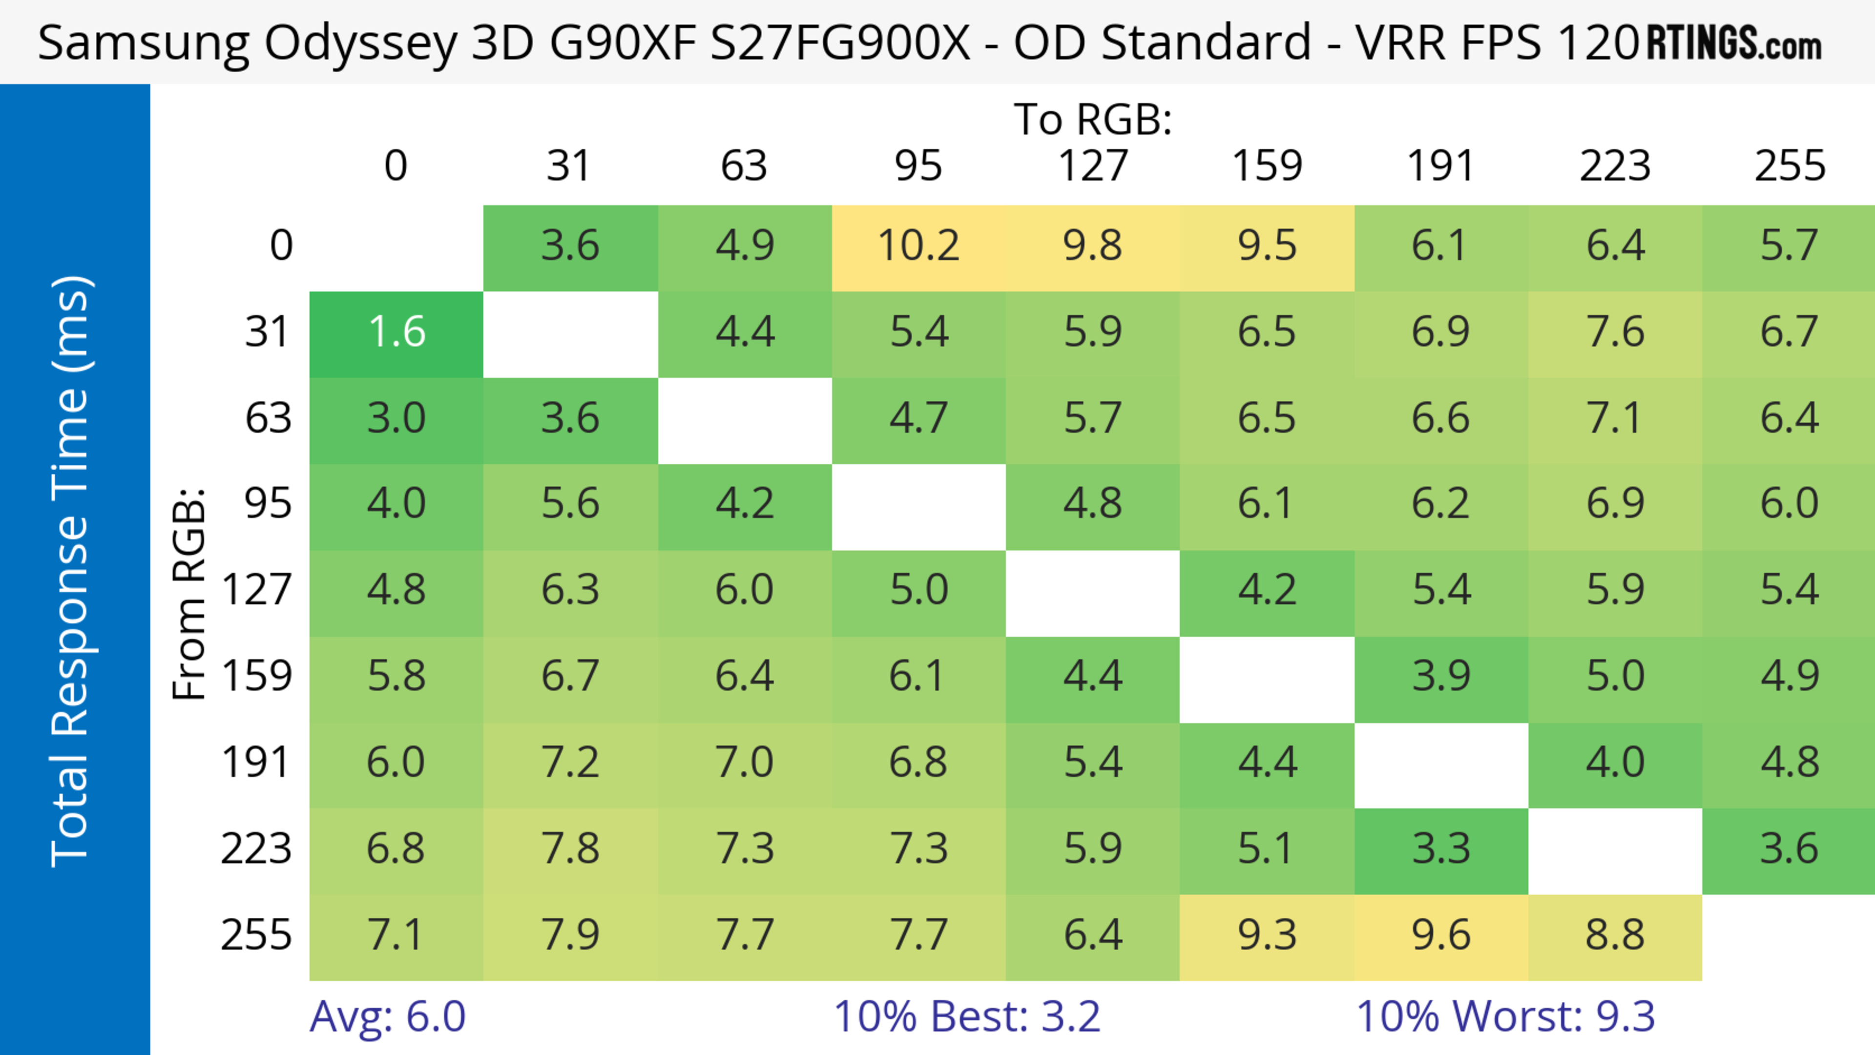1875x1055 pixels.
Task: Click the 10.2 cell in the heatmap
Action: point(918,246)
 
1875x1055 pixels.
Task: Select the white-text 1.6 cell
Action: point(396,332)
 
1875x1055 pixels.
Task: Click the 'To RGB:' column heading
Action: point(1093,119)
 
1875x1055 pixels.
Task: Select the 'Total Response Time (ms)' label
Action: point(71,571)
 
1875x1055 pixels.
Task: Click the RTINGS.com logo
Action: point(1734,43)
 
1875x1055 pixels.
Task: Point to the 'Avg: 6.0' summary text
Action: point(387,1016)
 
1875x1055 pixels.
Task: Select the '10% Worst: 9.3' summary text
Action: point(1505,1016)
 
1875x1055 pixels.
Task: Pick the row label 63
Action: point(268,418)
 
